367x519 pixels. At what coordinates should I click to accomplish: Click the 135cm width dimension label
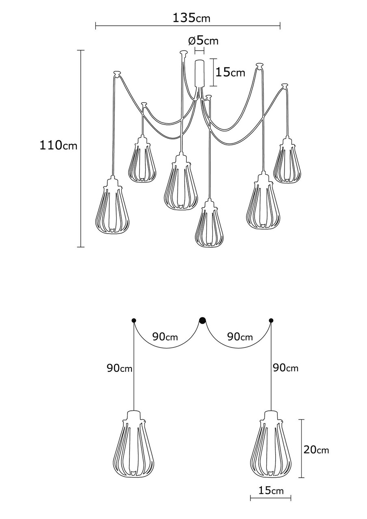tap(192, 18)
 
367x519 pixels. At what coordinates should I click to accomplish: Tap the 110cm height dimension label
tap(58, 145)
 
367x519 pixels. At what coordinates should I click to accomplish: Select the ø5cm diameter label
tap(203, 41)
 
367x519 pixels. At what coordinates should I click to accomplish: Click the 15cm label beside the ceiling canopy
tap(230, 73)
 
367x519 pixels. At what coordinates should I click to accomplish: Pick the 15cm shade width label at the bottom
tap(271, 490)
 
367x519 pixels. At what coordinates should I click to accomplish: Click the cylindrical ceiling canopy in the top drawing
tap(199, 73)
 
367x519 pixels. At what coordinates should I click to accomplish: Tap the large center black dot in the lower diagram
tap(202, 320)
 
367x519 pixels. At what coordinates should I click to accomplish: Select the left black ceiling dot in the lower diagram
tap(134, 321)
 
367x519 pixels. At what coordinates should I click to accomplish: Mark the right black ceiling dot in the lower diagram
tap(271, 321)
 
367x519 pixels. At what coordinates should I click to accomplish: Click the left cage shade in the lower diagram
tap(134, 446)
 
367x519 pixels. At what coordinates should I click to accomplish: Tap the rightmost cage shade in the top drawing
tap(287, 160)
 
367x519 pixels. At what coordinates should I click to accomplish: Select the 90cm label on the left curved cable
tap(165, 337)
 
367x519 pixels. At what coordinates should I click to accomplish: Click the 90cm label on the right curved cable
tap(240, 337)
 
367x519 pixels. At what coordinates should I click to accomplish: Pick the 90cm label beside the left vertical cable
tap(119, 368)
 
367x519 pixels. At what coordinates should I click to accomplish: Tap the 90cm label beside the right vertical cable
tap(285, 368)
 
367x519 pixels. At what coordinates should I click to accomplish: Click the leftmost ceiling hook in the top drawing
tap(117, 73)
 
